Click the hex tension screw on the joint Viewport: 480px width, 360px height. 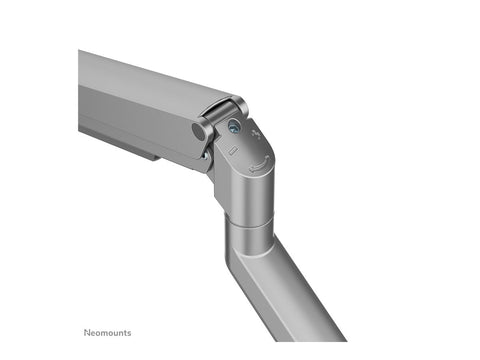coord(233,127)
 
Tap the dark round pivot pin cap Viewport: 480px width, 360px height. coord(197,131)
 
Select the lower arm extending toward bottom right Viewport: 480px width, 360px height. coord(300,290)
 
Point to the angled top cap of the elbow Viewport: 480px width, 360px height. coord(250,150)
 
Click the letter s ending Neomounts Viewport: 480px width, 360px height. coord(128,333)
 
